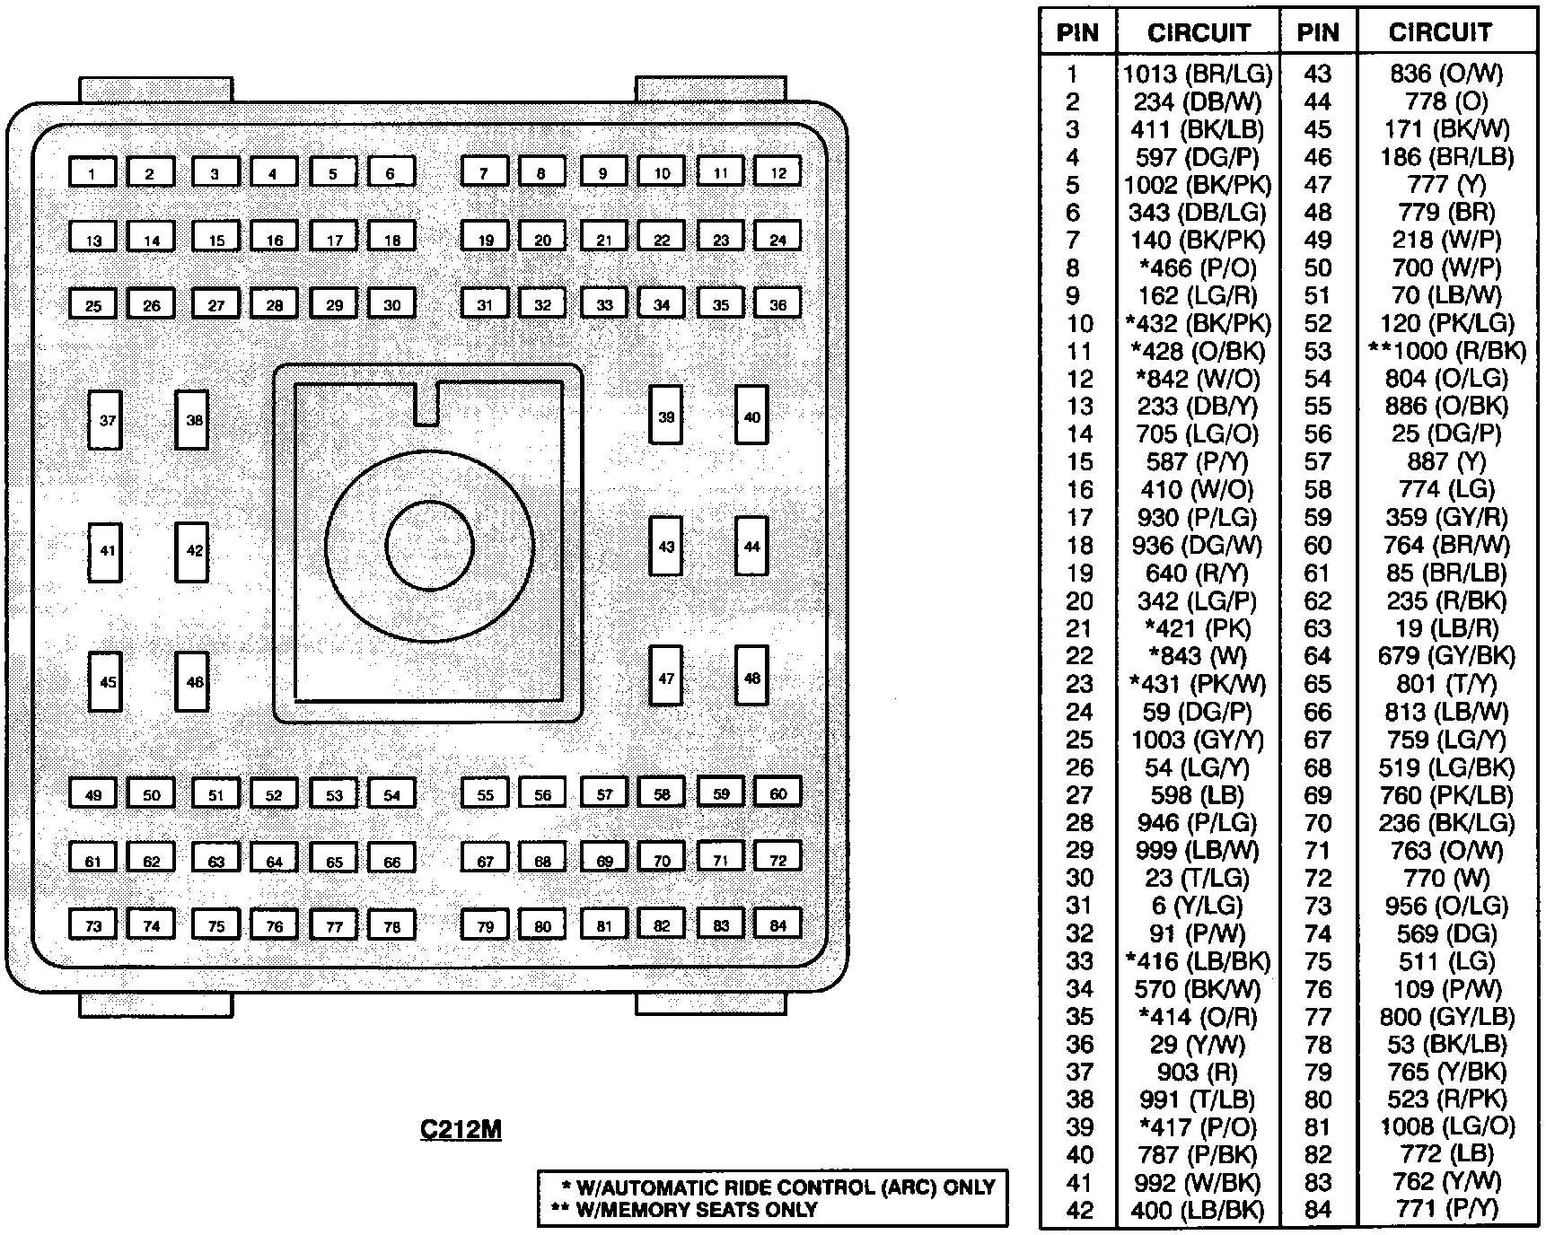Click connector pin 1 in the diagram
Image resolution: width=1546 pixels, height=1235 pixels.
92,172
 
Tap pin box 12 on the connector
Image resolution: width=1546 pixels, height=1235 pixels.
777,171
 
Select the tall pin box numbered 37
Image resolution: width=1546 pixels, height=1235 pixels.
106,419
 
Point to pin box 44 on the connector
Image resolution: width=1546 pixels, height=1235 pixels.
751,546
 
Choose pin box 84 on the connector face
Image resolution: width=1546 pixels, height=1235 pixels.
777,924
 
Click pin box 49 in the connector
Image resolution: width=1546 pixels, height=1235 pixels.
92,793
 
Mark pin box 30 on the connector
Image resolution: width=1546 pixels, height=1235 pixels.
391,303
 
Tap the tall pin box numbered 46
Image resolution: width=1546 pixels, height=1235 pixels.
193,681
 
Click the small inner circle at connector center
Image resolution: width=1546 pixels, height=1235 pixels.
429,545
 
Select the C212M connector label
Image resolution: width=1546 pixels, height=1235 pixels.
461,1129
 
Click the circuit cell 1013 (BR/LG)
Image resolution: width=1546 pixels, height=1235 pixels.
1198,74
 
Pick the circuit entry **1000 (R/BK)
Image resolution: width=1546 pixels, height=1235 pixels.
1446,351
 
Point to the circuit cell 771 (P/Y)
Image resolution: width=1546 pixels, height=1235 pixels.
1446,1209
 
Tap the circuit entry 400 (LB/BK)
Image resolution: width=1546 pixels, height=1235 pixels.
1198,1209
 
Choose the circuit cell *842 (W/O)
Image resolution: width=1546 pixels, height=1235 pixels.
1198,379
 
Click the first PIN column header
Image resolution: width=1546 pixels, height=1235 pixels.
1077,33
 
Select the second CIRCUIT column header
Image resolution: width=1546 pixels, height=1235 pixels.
1439,33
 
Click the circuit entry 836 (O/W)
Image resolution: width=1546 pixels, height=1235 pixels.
1446,74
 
